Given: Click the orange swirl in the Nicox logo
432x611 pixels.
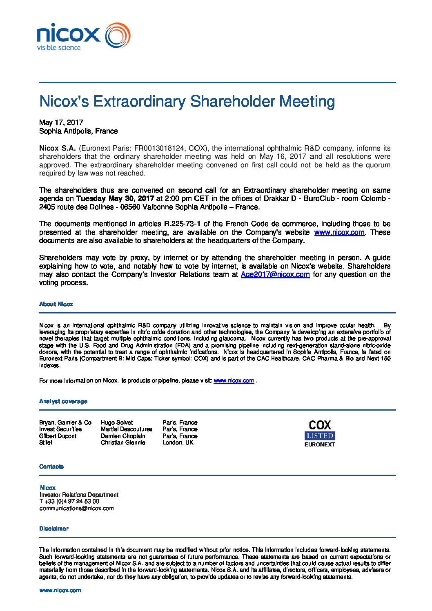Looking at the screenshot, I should click(118, 36).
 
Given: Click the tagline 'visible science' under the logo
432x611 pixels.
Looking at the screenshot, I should click(59, 48).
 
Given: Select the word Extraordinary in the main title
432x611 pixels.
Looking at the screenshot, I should click(140, 101).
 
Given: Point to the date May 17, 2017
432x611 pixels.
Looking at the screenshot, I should click(61, 122).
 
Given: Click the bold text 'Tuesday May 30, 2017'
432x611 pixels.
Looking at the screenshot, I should click(115, 199).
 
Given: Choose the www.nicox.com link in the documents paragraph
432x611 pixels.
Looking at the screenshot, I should click(339, 232).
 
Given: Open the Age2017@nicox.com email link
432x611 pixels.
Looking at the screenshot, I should click(275, 274).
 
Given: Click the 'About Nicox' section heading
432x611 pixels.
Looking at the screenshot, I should click(56, 304).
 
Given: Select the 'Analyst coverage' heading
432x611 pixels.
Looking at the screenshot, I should click(63, 401).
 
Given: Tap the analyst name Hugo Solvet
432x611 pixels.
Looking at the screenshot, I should click(117, 422).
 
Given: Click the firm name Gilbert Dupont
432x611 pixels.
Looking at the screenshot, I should click(58, 436).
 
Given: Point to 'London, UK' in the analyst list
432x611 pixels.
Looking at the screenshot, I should click(178, 442).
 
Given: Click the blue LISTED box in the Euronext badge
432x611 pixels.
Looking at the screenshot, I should click(320, 435).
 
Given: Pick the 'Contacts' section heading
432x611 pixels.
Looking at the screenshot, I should click(51, 467).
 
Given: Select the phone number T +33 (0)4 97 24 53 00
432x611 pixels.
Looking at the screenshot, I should click(69, 501).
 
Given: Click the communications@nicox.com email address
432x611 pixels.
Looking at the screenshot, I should click(76, 508).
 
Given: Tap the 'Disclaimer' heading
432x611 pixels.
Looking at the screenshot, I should click(54, 529).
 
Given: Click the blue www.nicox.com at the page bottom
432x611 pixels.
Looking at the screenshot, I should click(60, 590).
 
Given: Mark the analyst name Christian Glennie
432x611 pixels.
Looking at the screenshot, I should click(123, 442).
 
